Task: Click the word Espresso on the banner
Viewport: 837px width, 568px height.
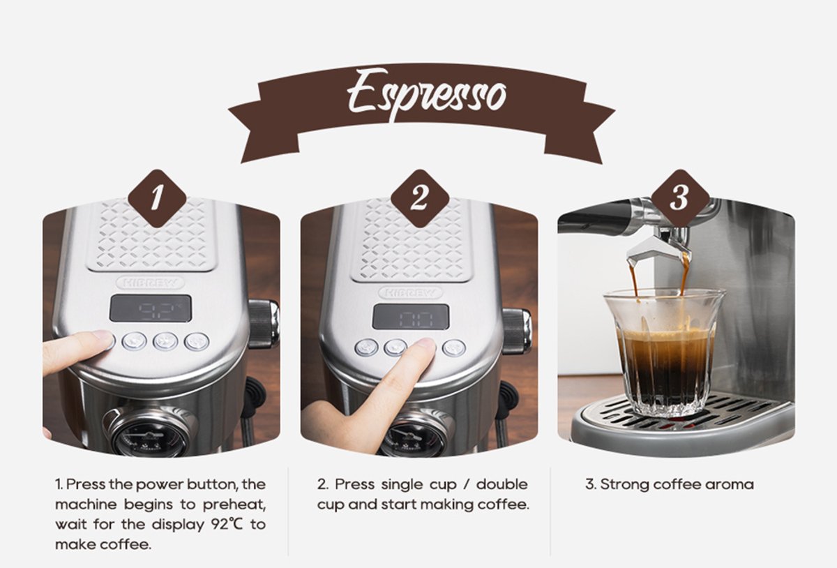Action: pos(426,94)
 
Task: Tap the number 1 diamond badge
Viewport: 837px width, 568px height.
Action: pos(157,198)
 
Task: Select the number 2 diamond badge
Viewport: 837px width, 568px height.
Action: pos(420,198)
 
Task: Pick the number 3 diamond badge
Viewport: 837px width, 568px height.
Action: pos(680,198)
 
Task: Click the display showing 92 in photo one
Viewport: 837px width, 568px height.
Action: pos(150,308)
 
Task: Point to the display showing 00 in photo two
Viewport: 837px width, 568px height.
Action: pos(411,316)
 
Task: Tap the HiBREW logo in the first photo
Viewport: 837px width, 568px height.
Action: pos(150,283)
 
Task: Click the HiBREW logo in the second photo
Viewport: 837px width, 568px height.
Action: pos(410,292)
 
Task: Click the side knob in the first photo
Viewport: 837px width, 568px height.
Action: pos(264,323)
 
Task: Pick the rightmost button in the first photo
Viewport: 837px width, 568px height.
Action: pos(197,341)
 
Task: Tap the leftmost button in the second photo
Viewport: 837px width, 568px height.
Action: pos(367,347)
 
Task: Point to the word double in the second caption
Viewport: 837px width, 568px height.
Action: pos(502,484)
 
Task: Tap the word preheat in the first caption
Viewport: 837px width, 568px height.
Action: pos(234,505)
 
